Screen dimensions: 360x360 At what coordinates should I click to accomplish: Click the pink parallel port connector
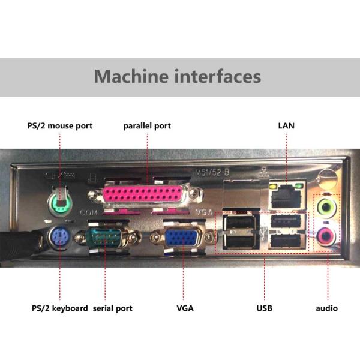coord(146,196)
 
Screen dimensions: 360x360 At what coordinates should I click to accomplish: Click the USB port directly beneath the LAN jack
coord(284,220)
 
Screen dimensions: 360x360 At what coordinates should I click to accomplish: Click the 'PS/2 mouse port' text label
coord(60,126)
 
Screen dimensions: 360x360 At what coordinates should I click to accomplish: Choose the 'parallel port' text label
coord(147,126)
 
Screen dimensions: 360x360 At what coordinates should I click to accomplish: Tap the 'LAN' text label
coord(286,126)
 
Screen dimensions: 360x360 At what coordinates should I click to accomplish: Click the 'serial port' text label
coord(112,308)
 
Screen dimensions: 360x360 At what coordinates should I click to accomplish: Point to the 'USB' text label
coord(263,308)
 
